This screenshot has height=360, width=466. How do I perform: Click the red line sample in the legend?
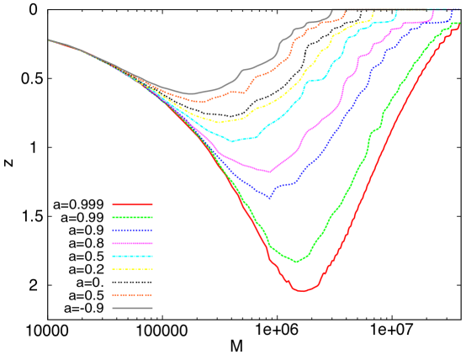tap(132, 204)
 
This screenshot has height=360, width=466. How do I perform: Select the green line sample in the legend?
tap(132, 217)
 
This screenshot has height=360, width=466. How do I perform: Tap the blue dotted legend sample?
tap(132, 230)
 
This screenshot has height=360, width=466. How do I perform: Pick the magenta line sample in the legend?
tap(132, 243)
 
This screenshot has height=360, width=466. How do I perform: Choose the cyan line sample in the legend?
tap(132, 256)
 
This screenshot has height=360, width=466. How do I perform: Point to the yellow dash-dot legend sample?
tap(132, 269)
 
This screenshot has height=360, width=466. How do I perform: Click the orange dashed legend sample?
tap(132, 295)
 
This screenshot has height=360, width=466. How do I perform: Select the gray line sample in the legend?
tap(132, 308)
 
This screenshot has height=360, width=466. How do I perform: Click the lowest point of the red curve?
tap(302, 291)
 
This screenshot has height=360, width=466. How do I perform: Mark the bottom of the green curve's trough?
tap(295, 262)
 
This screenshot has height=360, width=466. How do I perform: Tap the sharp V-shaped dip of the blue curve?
tap(270, 198)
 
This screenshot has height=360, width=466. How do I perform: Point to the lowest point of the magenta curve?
tap(269, 172)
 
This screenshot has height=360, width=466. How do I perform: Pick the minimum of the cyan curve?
tap(233, 140)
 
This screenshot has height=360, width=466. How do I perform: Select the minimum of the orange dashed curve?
tap(202, 102)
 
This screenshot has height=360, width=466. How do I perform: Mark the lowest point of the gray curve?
tap(190, 93)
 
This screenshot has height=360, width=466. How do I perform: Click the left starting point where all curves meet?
tap(49, 40)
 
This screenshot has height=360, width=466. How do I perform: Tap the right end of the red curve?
tap(458, 24)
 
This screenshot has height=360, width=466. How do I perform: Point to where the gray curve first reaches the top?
tap(331, 10)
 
